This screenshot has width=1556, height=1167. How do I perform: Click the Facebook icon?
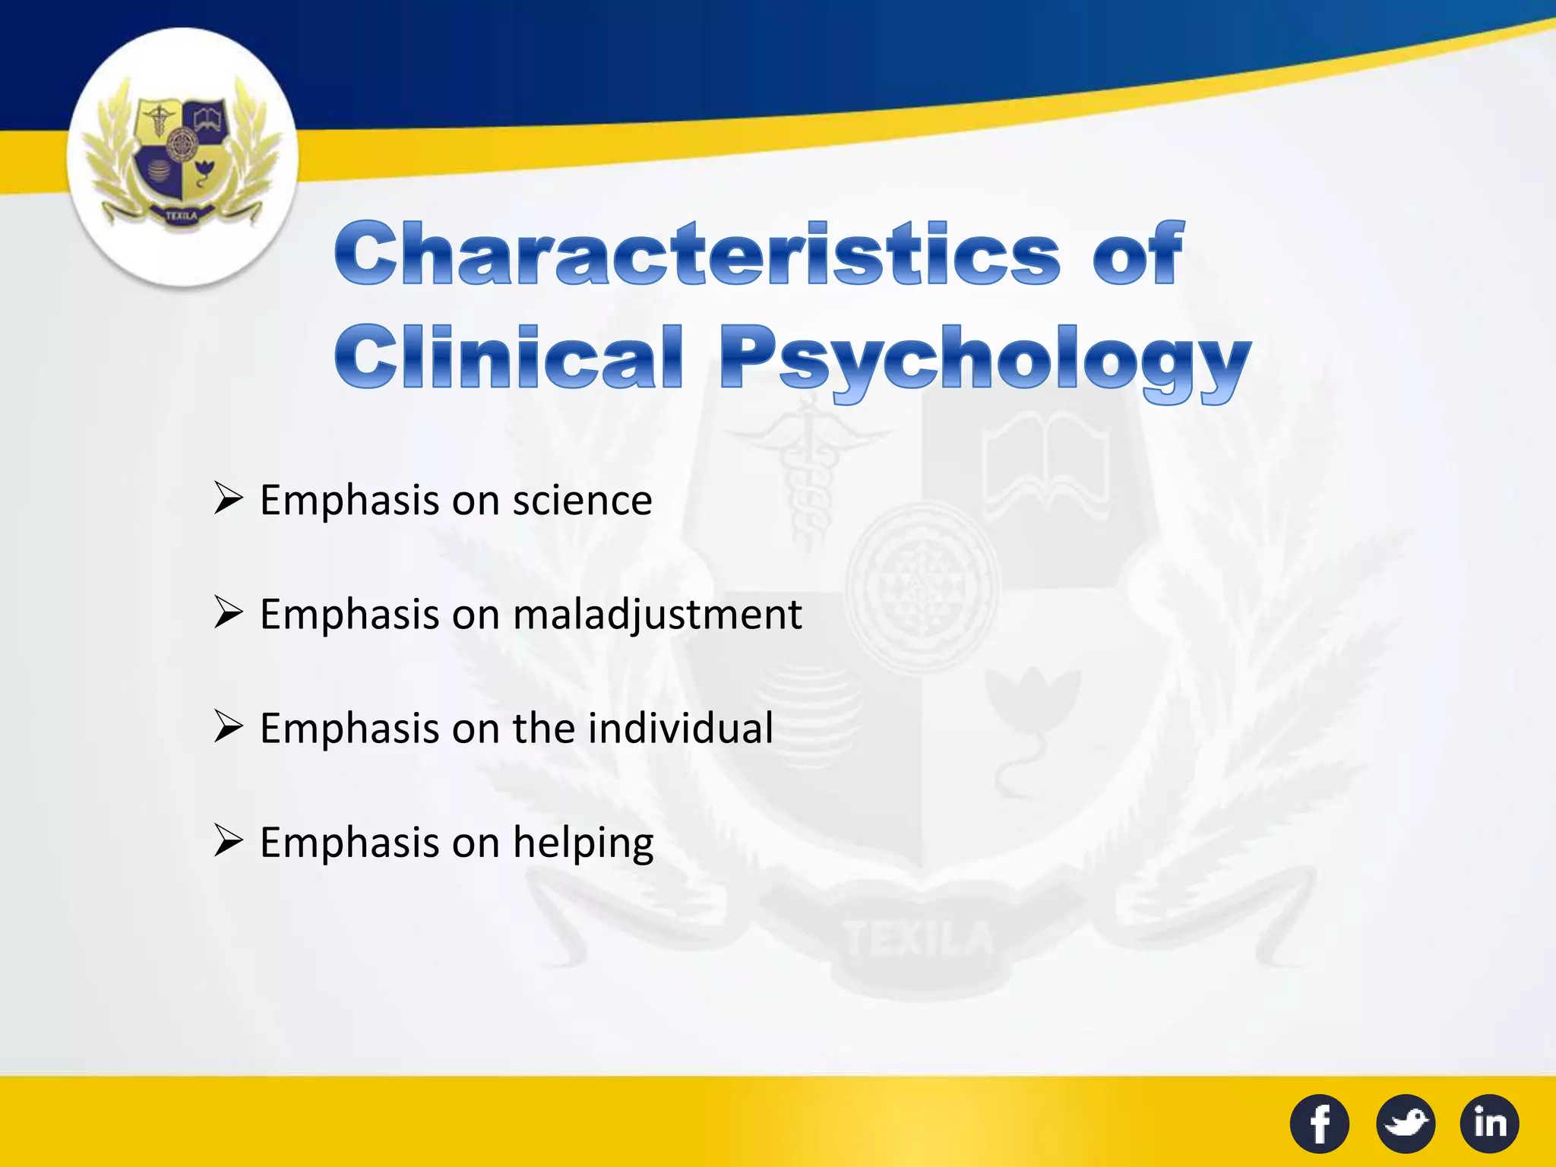[1320, 1123]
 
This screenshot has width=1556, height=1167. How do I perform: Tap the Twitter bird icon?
[1406, 1123]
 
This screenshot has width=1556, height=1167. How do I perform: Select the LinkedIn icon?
[1489, 1123]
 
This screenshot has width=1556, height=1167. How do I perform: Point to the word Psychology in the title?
[985, 359]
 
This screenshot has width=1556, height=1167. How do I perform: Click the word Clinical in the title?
[508, 356]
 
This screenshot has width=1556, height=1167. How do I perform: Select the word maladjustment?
[657, 614]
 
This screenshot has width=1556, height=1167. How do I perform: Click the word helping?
[583, 843]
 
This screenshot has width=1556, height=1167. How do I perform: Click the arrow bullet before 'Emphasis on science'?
[228, 499]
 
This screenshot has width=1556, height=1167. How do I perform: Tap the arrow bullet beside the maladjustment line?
[228, 612]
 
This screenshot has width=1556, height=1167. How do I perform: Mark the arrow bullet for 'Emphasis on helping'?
[228, 841]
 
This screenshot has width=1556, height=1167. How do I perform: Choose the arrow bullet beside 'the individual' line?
[228, 726]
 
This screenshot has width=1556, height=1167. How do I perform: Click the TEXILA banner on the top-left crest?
[181, 217]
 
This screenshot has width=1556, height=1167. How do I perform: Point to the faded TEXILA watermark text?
[919, 939]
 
